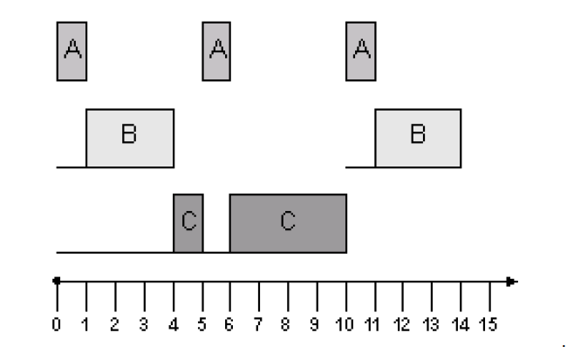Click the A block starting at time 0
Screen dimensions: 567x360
click(x=72, y=51)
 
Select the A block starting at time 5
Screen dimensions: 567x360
click(x=216, y=51)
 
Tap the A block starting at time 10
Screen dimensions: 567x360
click(x=360, y=51)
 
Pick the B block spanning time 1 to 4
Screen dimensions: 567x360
click(x=129, y=138)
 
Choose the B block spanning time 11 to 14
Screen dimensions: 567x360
click(x=418, y=138)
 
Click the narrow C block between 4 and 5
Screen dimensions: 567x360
click(x=188, y=223)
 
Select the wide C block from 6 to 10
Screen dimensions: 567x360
click(x=288, y=223)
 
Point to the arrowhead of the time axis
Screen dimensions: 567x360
click(x=512, y=282)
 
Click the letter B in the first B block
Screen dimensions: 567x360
click(x=129, y=136)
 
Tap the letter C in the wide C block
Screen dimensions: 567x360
click(x=288, y=222)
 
